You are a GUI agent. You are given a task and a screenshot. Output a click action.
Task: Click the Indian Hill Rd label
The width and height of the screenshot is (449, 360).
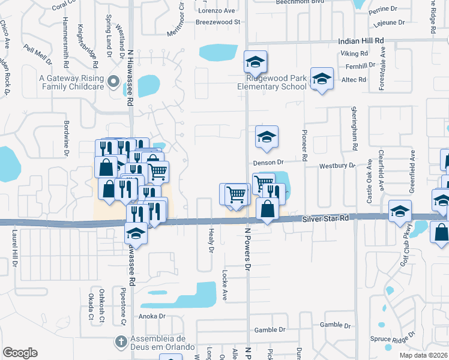pyautogui.click(x=361, y=40)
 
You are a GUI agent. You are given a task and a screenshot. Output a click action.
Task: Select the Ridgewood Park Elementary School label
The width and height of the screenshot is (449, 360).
pyautogui.click(x=272, y=82)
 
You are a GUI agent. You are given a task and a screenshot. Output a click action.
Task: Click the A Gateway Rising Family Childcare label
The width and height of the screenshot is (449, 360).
pyautogui.click(x=70, y=82)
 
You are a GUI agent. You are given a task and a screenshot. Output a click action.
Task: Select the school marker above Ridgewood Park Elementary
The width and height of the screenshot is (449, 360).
pyautogui.click(x=255, y=62)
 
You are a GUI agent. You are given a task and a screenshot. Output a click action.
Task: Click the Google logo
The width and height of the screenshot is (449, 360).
pyautogui.click(x=20, y=352)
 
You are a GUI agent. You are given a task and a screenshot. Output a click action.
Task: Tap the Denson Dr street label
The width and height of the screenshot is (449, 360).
pyautogui.click(x=268, y=163)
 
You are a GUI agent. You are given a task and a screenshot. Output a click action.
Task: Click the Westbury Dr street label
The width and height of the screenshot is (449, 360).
pyautogui.click(x=337, y=166)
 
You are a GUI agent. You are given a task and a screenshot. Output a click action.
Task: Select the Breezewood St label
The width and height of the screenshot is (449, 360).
pyautogui.click(x=217, y=22)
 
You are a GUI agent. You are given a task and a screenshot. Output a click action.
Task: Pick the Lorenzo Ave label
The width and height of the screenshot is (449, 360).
pyautogui.click(x=217, y=11)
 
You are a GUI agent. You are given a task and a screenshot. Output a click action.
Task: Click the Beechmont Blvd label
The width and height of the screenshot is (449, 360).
pyautogui.click(x=300, y=2)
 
